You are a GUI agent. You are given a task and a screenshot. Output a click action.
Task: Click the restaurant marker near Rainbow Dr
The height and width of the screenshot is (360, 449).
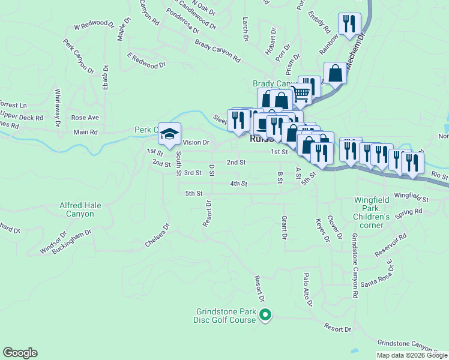[349, 25]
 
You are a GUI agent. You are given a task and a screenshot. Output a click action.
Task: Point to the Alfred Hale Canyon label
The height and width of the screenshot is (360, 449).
[80, 209]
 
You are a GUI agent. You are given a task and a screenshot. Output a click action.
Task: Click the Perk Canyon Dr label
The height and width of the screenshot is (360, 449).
[79, 56]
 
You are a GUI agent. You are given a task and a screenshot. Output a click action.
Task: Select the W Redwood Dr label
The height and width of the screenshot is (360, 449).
[94, 25]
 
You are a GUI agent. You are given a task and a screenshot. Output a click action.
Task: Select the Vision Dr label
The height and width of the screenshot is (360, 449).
[196, 143]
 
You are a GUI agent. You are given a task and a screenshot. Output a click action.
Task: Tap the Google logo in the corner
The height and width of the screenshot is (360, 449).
[20, 353]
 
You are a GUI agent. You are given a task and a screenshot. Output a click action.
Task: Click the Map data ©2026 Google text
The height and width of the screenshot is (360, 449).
[412, 355]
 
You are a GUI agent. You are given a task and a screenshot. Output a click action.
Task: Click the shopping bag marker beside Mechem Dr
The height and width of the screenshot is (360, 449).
[335, 74]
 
